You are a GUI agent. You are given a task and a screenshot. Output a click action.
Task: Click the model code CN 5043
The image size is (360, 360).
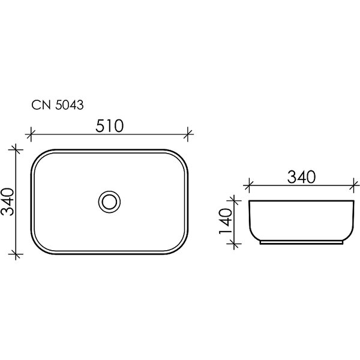[x=58, y=106]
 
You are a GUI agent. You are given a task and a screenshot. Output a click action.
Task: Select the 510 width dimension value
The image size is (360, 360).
[x=110, y=126]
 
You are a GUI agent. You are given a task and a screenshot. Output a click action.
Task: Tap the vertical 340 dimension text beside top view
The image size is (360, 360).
[x=8, y=202]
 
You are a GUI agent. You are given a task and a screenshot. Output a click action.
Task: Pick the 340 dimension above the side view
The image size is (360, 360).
[x=301, y=177]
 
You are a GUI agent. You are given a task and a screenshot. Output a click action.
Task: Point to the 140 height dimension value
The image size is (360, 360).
[x=226, y=221]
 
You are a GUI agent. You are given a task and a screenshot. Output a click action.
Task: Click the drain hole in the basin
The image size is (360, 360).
[x=110, y=202]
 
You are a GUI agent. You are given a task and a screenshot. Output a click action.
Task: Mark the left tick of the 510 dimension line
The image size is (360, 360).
[x=31, y=134]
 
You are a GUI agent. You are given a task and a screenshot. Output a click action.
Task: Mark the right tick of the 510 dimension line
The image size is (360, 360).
[x=188, y=134]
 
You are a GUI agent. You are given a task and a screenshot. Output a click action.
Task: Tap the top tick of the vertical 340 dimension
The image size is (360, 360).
[x=16, y=149]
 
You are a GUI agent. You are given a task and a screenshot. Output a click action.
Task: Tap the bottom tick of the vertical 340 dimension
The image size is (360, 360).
[x=16, y=254]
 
